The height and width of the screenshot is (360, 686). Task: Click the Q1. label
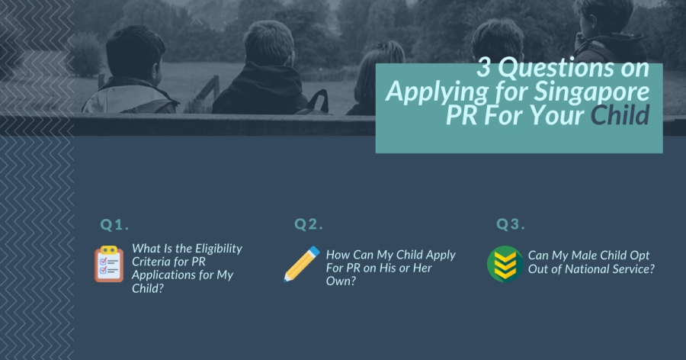click(x=114, y=225)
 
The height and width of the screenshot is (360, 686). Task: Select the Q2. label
click(x=309, y=224)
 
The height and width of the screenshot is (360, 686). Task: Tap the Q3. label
click(x=511, y=224)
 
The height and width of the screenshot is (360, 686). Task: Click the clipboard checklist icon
click(x=109, y=264)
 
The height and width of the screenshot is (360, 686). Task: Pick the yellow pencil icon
click(x=301, y=264)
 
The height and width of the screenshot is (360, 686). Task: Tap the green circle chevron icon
click(x=505, y=264)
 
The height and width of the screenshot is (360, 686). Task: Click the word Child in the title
click(x=620, y=116)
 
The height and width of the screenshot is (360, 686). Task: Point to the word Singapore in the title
click(x=591, y=93)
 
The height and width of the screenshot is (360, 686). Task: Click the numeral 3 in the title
click(x=483, y=68)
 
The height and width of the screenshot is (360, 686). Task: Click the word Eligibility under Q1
click(x=219, y=249)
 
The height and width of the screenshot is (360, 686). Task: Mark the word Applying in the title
click(x=437, y=93)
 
